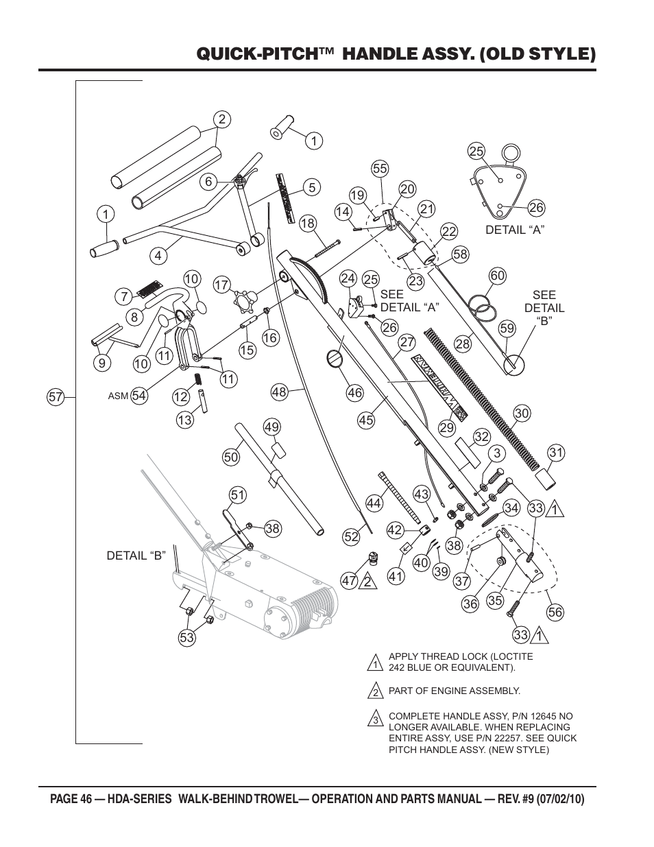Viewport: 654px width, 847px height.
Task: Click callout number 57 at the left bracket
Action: pos(56,397)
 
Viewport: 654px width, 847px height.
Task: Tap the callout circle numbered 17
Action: pos(222,285)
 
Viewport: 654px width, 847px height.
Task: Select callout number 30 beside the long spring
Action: pos(522,413)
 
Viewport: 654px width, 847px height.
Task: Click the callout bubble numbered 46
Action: pos(355,392)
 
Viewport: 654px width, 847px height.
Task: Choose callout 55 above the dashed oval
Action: pos(380,169)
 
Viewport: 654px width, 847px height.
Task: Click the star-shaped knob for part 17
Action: pos(244,300)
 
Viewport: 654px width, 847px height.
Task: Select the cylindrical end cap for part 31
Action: pos(545,479)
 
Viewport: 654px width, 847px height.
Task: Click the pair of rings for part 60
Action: pos(482,305)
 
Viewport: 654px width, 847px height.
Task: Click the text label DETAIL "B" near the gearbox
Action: pos(136,556)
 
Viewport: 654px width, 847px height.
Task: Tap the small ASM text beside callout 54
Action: pos(118,396)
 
